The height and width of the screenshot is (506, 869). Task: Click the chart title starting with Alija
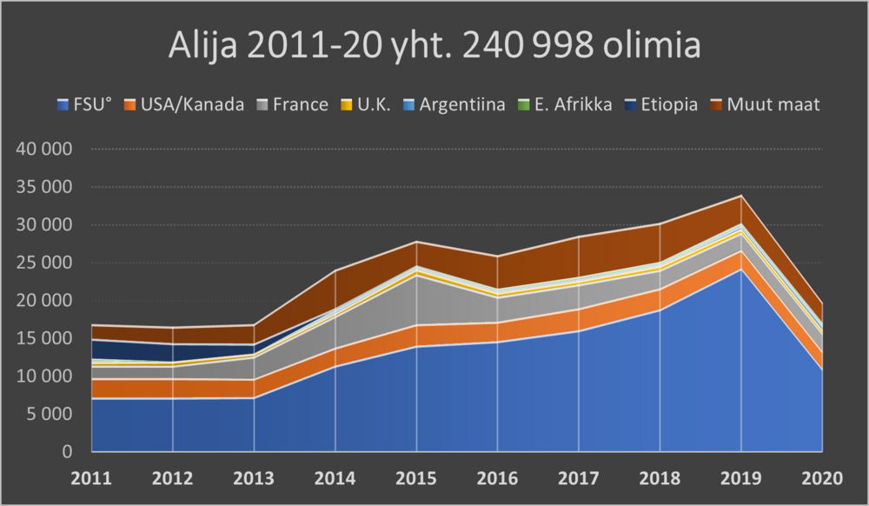(434, 46)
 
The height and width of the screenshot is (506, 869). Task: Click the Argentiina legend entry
(451, 105)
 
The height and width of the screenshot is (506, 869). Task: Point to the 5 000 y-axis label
(50, 414)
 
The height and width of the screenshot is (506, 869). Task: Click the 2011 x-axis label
(90, 478)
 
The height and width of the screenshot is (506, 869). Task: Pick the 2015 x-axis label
(416, 478)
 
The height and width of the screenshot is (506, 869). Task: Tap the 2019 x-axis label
(741, 478)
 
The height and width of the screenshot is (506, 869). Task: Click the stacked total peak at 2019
(741, 196)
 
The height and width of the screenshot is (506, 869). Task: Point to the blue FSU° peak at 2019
(741, 270)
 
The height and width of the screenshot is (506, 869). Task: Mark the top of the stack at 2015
(416, 242)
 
